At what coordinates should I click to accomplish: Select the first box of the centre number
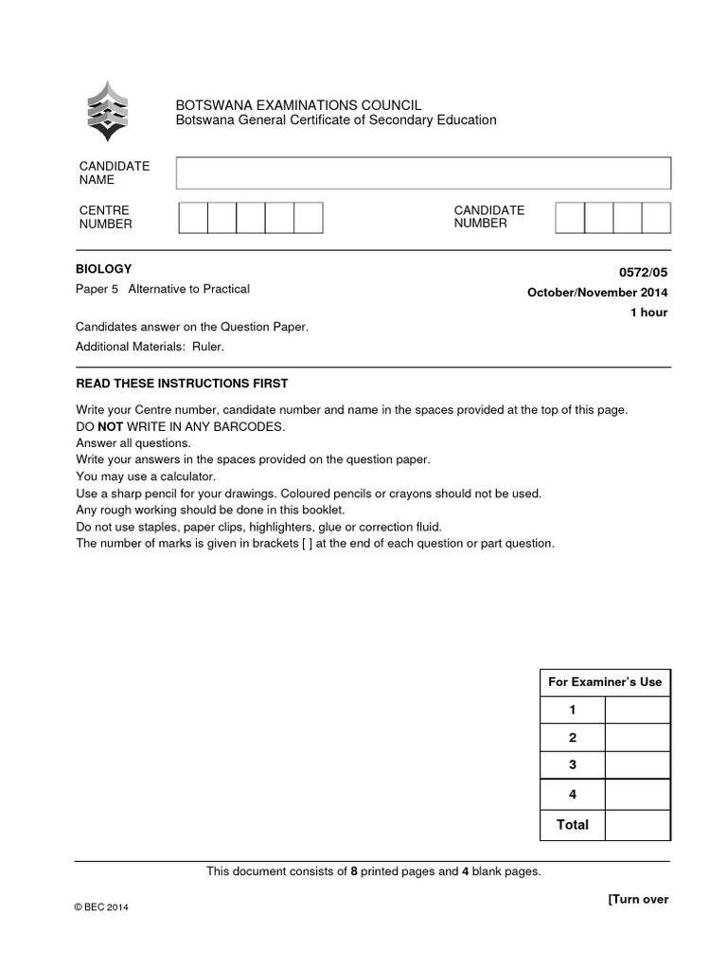tap(193, 217)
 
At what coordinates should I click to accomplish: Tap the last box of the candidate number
tap(656, 217)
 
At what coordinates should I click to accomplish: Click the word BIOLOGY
tap(104, 269)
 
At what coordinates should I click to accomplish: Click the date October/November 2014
tap(596, 293)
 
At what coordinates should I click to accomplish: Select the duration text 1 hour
tap(648, 313)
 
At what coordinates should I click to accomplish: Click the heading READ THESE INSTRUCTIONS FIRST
tap(182, 384)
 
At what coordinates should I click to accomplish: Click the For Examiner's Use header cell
tap(605, 682)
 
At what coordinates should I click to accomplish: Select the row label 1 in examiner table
tap(572, 710)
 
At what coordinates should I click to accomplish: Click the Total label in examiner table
tap(572, 825)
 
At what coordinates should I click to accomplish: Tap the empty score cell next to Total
tap(637, 825)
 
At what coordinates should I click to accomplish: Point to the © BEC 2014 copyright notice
tap(101, 907)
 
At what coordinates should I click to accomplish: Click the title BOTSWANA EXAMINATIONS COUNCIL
tap(299, 105)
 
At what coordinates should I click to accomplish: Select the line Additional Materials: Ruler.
tap(151, 347)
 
